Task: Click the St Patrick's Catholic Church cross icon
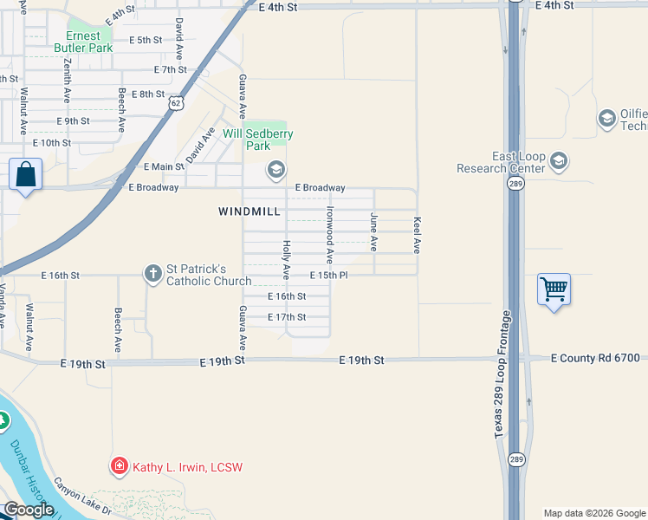pos(152,275)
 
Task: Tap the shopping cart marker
pos(554,289)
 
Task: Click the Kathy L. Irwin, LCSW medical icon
pos(120,467)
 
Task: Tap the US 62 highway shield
pos(176,103)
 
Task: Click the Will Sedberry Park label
pos(258,140)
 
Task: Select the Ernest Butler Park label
pos(83,42)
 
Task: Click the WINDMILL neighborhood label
pos(249,211)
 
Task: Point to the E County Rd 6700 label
pos(595,358)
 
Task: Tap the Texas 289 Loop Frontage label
pos(500,381)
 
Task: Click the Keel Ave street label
pos(417,234)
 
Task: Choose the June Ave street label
pos(374,231)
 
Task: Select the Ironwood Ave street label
pos(330,235)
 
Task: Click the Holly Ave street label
pos(286,260)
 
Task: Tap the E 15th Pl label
pos(329,276)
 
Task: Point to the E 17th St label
pos(287,317)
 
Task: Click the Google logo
pos(28,510)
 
